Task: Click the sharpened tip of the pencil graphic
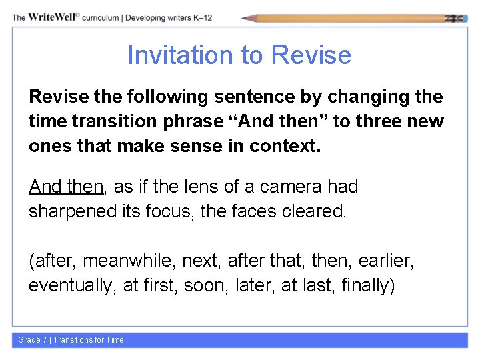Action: pos(245,18)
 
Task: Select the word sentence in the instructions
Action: pos(253,97)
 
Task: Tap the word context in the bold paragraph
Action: pos(288,146)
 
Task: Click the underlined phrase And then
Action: pos(66,187)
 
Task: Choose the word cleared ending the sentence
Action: pos(313,211)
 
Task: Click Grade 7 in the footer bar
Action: pos(32,340)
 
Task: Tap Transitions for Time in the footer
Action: pos(89,340)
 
